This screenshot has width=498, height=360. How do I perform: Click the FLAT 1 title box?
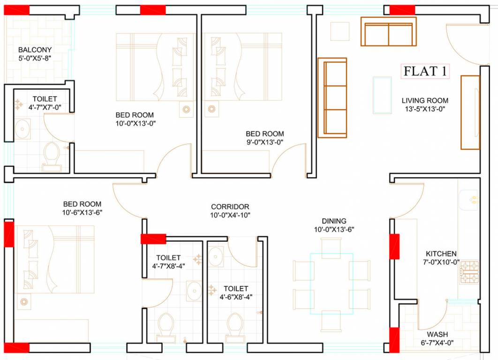(x=425, y=71)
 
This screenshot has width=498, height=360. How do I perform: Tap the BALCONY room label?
(x=35, y=50)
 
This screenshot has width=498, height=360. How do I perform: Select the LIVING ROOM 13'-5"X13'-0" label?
(x=425, y=105)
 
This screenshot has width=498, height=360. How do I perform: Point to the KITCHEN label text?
(x=441, y=254)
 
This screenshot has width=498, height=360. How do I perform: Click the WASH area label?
(x=437, y=334)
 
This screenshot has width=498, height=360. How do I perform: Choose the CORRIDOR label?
(x=230, y=207)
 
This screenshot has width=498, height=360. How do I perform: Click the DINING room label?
(x=334, y=221)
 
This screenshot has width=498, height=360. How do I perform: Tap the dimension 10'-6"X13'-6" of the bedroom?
(x=83, y=212)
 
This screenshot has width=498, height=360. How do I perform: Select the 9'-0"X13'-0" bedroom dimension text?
(x=265, y=142)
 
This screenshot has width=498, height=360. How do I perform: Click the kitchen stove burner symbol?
(x=469, y=272)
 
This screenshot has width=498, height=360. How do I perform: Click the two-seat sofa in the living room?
(x=388, y=31)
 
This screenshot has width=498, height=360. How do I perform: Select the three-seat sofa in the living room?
(x=332, y=97)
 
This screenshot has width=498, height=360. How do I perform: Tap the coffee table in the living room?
(x=382, y=95)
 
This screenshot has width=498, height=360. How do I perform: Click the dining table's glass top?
(x=332, y=284)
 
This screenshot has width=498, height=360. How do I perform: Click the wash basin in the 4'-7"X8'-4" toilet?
(x=193, y=291)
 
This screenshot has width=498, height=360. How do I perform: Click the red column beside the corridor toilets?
(x=153, y=239)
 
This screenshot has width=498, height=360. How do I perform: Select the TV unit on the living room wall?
(x=470, y=112)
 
